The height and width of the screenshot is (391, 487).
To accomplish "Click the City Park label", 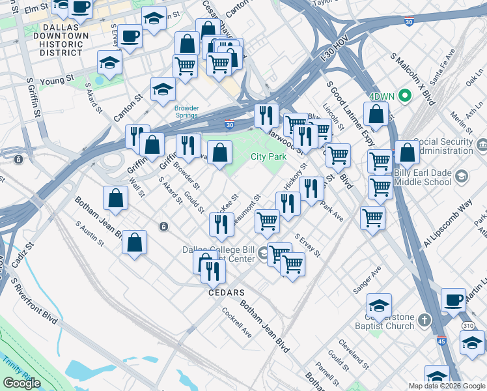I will [x=268, y=157].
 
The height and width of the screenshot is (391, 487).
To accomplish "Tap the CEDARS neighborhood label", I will [x=226, y=293].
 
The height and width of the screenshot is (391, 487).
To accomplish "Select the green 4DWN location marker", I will [x=405, y=96].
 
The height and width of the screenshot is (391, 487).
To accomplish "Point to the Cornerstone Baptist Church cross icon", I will [x=424, y=320].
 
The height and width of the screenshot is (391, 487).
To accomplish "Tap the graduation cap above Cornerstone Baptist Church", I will [x=379, y=304].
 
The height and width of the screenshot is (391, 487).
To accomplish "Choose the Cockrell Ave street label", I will [x=236, y=322].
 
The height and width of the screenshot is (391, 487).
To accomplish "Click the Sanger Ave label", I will [x=367, y=281].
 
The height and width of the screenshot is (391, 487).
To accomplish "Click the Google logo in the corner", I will [x=21, y=383].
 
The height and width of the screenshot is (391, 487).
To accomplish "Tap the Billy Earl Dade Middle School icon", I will [x=461, y=177].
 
